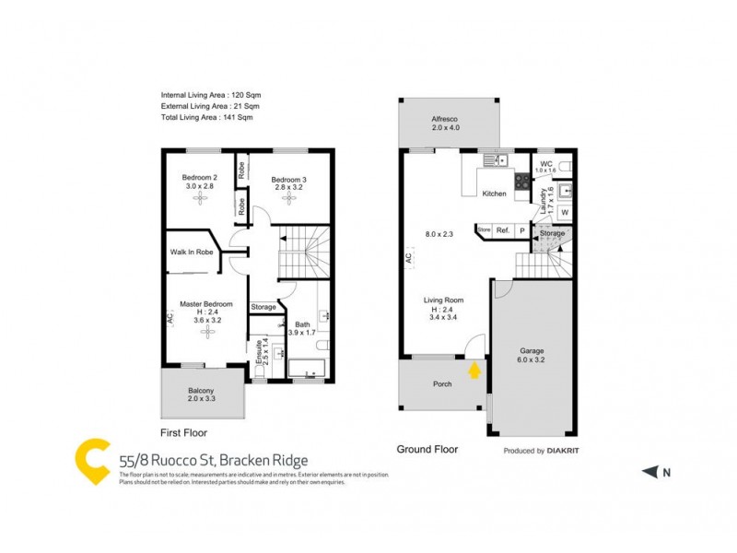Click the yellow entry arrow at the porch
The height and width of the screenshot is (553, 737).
pos(474,371)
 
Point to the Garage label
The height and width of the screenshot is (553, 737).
pos(532,351)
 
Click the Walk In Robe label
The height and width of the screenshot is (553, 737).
pos(192,252)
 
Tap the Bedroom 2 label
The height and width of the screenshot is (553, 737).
pos(199,178)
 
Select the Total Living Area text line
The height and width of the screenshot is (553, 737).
pos(206,117)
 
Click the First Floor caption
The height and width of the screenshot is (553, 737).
pos(183,432)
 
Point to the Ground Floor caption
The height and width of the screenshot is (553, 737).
pos(427,450)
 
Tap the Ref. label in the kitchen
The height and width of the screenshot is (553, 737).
pos(503,230)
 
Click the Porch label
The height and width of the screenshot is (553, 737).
pos(442,383)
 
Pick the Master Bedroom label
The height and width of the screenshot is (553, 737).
pos(205,304)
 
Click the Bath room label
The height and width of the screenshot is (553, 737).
pos(302,324)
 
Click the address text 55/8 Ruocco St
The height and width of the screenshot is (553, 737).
pos(176,461)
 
